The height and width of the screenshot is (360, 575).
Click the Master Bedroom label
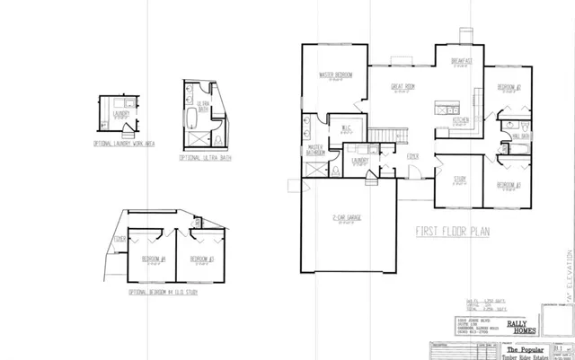(335, 74)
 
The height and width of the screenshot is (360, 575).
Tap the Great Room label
(402, 87)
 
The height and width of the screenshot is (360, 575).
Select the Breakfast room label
(462, 62)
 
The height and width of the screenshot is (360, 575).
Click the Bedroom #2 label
(509, 87)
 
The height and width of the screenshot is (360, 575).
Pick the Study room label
(458, 179)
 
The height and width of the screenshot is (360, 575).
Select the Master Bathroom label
(315, 150)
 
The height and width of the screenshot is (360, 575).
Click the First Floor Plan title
(452, 231)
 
